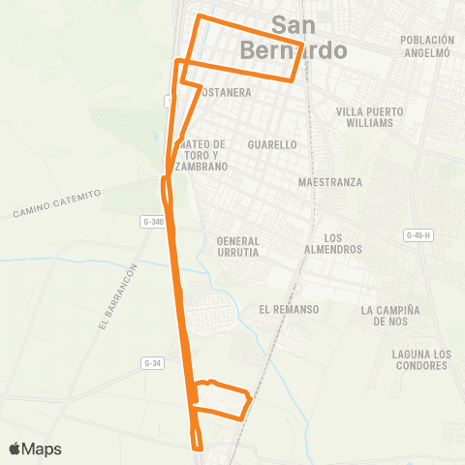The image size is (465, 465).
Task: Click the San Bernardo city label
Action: [x=309, y=37]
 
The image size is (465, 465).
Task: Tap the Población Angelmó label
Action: [x=426, y=46]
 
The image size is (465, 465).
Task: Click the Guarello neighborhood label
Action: [x=272, y=144]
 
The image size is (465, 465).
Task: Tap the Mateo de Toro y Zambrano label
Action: [x=203, y=155]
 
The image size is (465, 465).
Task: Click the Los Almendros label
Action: [x=343, y=243]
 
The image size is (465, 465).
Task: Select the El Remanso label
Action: [x=289, y=309]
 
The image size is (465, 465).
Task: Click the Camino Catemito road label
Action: [x=57, y=203]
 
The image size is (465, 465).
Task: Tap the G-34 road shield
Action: [x=150, y=363]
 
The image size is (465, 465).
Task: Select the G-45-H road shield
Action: [x=418, y=235]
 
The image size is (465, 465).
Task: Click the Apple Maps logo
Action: [x=35, y=449]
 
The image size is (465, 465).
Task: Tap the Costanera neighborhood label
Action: [x=227, y=93]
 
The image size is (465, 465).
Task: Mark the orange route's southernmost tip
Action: [x=198, y=449]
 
